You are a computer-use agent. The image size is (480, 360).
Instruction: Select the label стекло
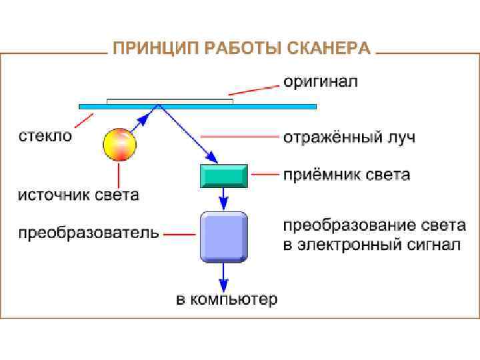point(45,136)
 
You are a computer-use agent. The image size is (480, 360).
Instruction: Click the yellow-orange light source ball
point(119,144)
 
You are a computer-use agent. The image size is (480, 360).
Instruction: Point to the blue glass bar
point(280,106)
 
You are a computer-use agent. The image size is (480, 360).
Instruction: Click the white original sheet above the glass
point(170,101)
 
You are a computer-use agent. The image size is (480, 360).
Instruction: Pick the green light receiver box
point(224,175)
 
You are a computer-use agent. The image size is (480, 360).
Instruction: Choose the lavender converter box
point(224,237)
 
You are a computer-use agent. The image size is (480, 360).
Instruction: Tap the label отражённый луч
point(349,138)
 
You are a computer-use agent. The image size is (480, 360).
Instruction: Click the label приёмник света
point(347,175)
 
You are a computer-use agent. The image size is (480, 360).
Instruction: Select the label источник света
point(78,195)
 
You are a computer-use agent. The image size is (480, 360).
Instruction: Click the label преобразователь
point(88,233)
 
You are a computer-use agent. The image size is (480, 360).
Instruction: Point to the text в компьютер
point(227,300)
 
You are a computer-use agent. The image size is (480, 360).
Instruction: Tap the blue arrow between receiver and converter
point(224,198)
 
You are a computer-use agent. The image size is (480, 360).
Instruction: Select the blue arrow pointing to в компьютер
point(224,275)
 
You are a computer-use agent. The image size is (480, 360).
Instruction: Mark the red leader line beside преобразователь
point(179,234)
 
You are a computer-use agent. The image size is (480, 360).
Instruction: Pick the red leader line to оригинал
point(253,89)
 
